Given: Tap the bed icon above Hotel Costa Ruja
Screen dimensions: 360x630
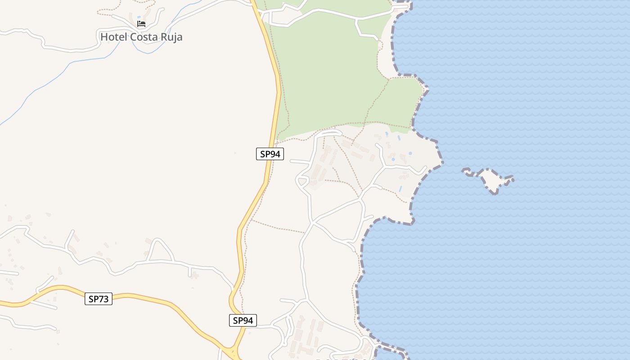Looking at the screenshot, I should (x=141, y=24).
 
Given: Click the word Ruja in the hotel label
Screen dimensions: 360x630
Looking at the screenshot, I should (x=169, y=37).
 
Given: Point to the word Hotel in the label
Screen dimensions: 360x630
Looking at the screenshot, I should (x=113, y=37).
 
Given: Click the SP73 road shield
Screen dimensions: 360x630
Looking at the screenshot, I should (x=99, y=299).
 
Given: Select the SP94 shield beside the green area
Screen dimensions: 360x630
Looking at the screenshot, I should (x=270, y=154).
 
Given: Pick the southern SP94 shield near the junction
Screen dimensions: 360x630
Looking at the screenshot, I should (x=243, y=320).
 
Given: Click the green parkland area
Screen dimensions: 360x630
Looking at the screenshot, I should (x=333, y=72).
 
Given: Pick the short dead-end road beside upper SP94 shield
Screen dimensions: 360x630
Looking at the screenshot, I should (x=299, y=161).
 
